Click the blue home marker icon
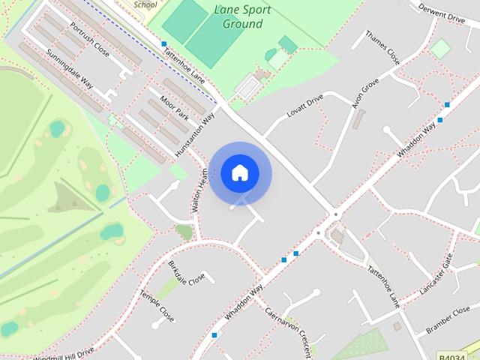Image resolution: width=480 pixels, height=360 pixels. (240, 173)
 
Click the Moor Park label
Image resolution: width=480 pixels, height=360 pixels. (173, 106)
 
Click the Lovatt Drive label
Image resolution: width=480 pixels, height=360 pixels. (304, 106)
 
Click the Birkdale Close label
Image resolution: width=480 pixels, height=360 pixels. (187, 274)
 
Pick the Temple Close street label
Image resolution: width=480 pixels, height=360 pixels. (157, 306)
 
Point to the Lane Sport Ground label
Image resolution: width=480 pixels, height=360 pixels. (242, 16)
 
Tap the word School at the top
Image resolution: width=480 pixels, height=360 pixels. (145, 4)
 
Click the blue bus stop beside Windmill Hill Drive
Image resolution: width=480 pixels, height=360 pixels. (214, 334)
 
